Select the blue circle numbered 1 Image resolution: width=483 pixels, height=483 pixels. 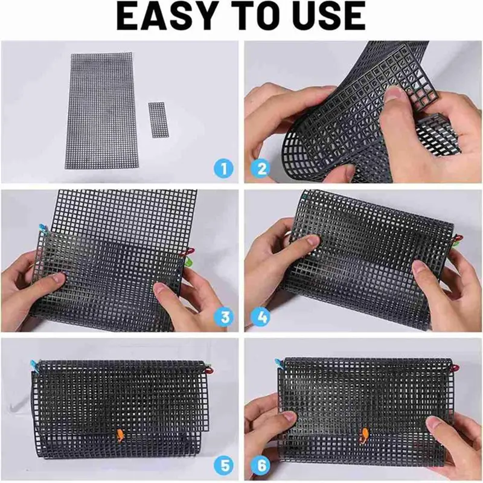223,169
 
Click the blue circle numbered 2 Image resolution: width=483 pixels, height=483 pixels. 261,169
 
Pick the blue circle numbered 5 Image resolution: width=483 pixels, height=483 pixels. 224,465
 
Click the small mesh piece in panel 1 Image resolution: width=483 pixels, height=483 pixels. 159,120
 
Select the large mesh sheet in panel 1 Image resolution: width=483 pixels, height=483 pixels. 100,111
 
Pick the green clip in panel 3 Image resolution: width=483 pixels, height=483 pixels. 188,262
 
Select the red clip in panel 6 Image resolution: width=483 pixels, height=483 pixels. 456,368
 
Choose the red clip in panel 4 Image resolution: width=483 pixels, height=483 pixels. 457,238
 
